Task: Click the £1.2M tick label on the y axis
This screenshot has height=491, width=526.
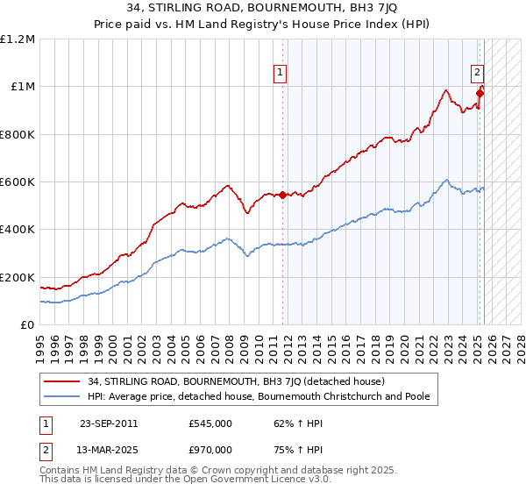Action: [18, 39]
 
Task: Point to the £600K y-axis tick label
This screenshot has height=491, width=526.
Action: [18, 182]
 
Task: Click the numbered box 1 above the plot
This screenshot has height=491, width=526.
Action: [280, 74]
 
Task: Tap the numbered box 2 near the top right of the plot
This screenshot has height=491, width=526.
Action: [477, 74]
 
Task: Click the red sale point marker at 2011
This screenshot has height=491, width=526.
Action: [282, 196]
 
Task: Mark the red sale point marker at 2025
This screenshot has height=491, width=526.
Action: [480, 94]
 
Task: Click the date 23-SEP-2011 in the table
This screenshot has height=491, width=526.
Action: [109, 423]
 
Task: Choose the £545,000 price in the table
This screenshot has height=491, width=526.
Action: [210, 423]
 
